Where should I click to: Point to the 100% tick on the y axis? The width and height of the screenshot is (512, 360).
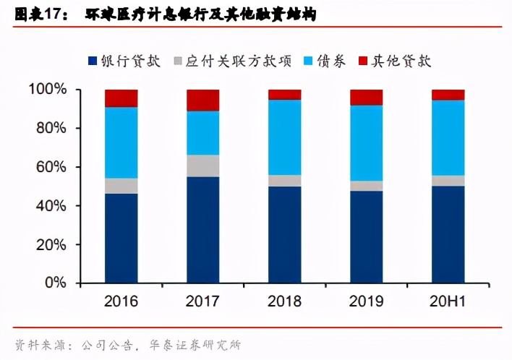coord(48,90)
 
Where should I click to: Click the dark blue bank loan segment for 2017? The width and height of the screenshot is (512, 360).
coord(202,230)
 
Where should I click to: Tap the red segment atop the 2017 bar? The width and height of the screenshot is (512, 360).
coord(202,100)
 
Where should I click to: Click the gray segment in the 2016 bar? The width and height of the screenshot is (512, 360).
coord(121,186)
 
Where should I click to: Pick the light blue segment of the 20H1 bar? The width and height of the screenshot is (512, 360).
coord(448,137)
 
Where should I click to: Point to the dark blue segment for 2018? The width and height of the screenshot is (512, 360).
coord(284,235)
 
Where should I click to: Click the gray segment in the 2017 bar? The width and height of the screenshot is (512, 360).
coord(202,166)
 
